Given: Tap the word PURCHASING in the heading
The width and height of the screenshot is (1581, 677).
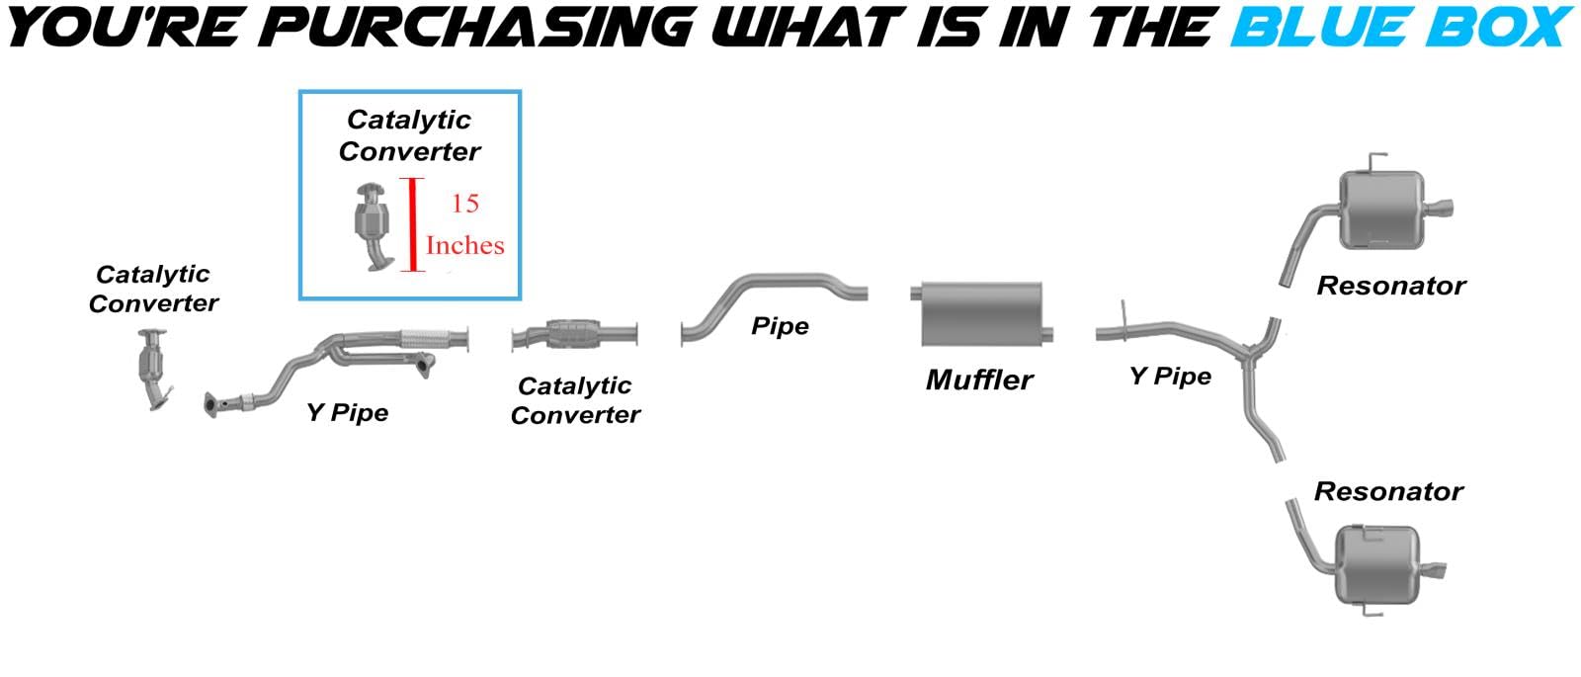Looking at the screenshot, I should tap(480, 28).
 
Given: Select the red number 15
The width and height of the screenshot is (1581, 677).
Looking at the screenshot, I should tap(464, 204).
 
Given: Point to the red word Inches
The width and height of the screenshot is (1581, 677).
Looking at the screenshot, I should tap(464, 245).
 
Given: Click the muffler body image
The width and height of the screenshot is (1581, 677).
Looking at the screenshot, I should tap(981, 313).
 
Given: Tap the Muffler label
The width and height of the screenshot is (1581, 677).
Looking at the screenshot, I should tap(979, 380).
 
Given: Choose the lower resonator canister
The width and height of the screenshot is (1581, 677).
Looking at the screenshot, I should tap(1377, 563).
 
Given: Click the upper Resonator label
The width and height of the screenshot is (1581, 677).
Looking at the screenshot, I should tap(1390, 287).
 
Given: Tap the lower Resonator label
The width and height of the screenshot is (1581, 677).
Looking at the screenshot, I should tap(1387, 491).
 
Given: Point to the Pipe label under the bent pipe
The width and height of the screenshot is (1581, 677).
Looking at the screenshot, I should tap(780, 326).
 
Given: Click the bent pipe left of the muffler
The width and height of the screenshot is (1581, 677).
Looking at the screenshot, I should tap(771, 296).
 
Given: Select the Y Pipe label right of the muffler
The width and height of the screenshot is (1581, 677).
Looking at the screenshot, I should tap(1170, 377).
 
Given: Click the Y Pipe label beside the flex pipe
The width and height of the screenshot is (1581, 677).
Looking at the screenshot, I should tap(347, 412).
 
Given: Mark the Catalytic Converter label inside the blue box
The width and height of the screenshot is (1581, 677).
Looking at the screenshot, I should tap(409, 135).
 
